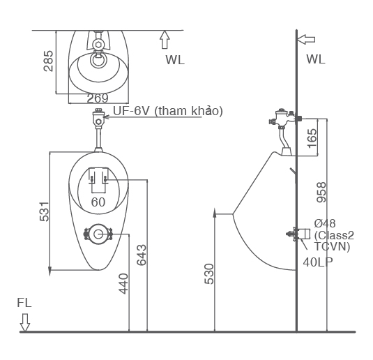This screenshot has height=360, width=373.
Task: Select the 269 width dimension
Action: point(98,98)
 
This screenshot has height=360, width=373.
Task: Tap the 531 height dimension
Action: point(43,212)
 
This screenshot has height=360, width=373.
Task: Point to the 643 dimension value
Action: point(142,255)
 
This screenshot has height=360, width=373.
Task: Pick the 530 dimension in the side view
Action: point(208,273)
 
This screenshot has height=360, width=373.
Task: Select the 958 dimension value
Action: point(321,193)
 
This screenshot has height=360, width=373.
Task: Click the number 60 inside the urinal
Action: point(98,202)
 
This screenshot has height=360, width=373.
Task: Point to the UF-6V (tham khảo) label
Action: point(167,111)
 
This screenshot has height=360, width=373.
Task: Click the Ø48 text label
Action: point(325,223)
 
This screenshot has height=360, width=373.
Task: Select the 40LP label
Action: point(317,262)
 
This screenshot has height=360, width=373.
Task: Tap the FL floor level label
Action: point(25,303)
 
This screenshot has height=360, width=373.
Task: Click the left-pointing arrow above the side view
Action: point(306,39)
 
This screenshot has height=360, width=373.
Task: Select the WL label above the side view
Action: point(315,59)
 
